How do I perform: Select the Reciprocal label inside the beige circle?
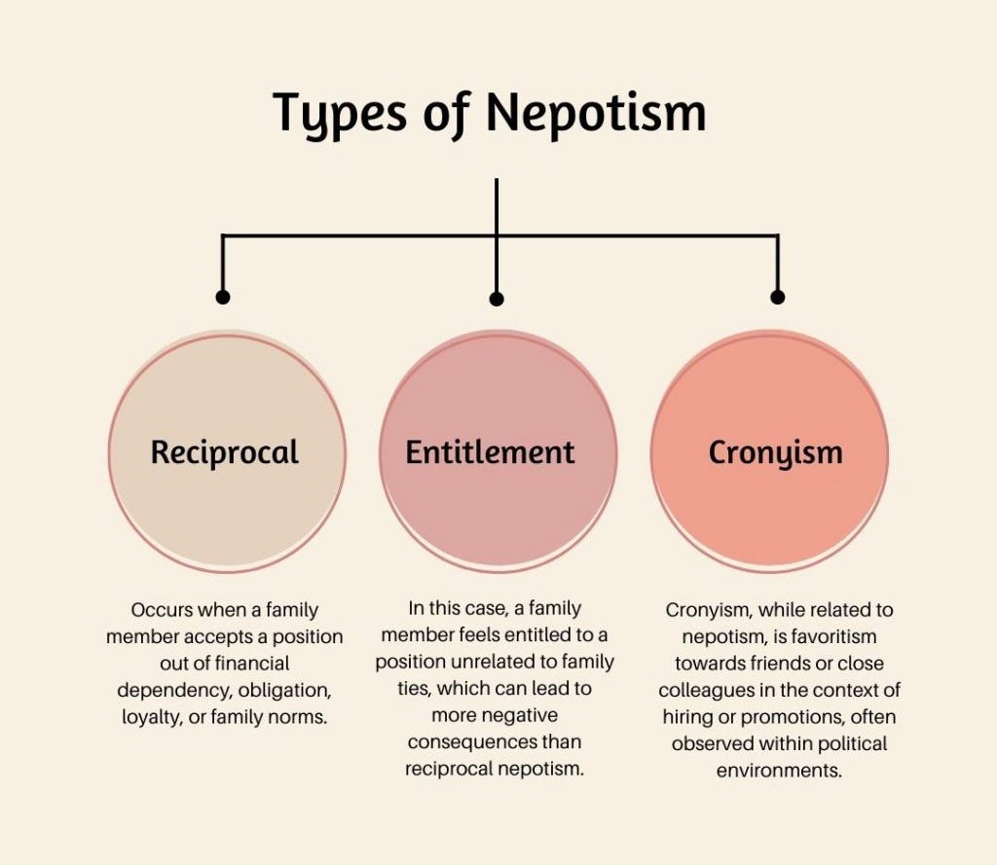(x=224, y=451)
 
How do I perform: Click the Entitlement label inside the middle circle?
(x=490, y=451)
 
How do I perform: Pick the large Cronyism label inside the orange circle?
(x=775, y=451)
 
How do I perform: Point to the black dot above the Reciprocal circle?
(x=223, y=297)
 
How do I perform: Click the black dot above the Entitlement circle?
(x=497, y=299)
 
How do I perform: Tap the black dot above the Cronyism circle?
(x=777, y=297)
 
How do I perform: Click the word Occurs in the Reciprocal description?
(x=162, y=611)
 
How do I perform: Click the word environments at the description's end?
(x=778, y=770)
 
